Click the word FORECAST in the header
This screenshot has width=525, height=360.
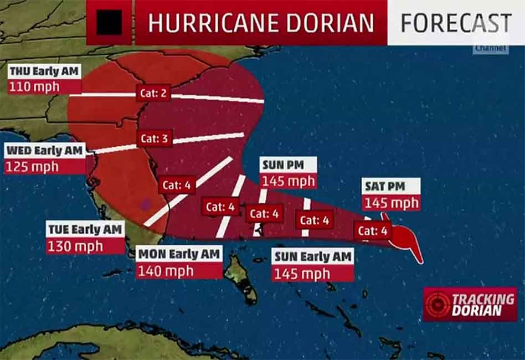click(x=455, y=23)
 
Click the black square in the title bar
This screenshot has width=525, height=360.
click(x=109, y=23)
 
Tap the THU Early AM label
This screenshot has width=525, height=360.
click(x=44, y=71)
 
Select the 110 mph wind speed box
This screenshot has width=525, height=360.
click(x=34, y=86)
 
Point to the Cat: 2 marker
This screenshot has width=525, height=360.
click(x=153, y=93)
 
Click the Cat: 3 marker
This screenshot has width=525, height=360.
click(x=153, y=138)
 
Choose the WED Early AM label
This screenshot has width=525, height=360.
click(x=44, y=151)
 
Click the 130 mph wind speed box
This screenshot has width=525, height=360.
click(x=75, y=246)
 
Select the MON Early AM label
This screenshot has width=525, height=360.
click(x=179, y=254)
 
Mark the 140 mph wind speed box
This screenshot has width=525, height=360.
click(x=166, y=270)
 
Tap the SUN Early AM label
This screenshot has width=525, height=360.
click(x=312, y=256)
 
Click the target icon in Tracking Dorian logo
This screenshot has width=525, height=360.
click(x=437, y=304)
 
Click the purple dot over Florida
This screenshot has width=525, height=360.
click(x=146, y=204)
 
